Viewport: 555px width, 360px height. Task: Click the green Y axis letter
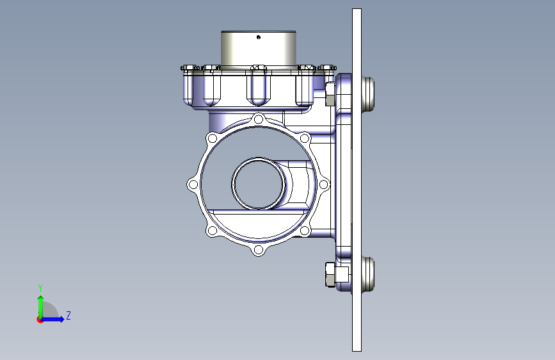[x=40, y=288]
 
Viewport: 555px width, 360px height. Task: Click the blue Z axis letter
[x=68, y=315]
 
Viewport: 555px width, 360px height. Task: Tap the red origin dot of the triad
[x=40, y=320]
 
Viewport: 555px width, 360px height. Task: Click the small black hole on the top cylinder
[x=259, y=37]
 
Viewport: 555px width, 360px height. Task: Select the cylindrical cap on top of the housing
[x=259, y=49]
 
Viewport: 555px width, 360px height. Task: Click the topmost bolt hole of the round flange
[x=259, y=119]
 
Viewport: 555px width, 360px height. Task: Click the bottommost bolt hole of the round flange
[x=259, y=250]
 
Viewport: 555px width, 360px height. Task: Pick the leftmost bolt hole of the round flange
[x=193, y=184]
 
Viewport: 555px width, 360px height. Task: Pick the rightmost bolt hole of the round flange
[x=323, y=184]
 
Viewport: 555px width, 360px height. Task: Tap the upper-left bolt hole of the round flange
[x=213, y=138]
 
